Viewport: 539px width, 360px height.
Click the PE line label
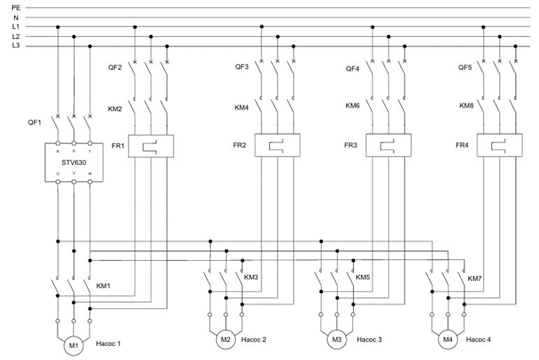pos(16,7)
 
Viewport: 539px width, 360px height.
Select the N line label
pos(16,17)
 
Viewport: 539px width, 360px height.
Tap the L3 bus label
pos(16,46)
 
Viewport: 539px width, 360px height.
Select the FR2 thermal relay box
pos(277,146)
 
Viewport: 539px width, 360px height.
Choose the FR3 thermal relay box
pos(389,146)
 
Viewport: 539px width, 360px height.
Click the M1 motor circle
pos(73,346)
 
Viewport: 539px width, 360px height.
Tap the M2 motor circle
pos(225,340)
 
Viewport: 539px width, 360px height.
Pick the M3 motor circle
pos(337,340)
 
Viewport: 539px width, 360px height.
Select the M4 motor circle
pos(448,340)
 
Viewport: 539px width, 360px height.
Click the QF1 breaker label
pos(35,122)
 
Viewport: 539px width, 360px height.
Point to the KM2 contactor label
pos(115,108)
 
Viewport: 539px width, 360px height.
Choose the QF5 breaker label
pos(465,69)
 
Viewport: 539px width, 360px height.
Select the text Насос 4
pos(478,340)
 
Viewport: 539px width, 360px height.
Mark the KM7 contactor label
pos(475,278)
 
